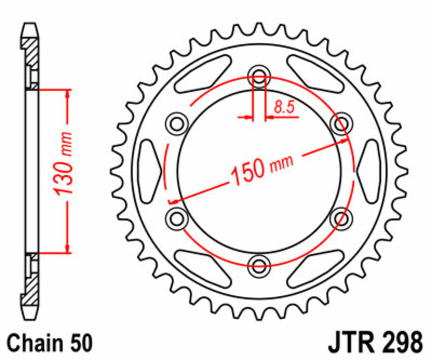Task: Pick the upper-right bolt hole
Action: (341, 124)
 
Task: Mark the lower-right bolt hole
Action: (341, 218)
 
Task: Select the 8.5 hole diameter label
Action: (283, 108)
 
